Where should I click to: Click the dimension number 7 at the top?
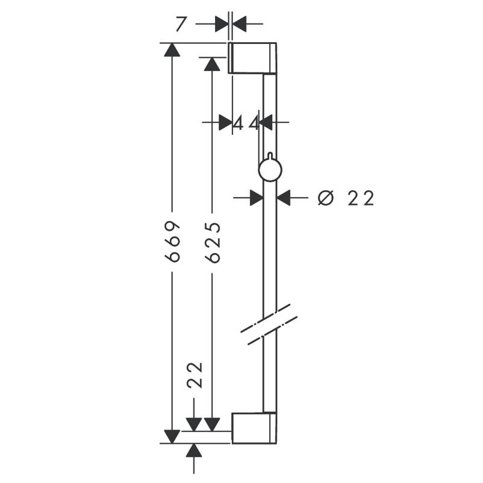pos(181,24)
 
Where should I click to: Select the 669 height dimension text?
pos(172,241)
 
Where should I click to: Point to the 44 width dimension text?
pos(246,124)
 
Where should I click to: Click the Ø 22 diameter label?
pos(346,198)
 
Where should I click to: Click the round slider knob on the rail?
pos(270,170)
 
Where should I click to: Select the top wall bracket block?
pos(252,58)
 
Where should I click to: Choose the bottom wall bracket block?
pos(254,428)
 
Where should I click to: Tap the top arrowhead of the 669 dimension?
pos(172,50)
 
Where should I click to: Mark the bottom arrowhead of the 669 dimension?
pos(172,437)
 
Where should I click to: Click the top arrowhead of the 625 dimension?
pos(212,64)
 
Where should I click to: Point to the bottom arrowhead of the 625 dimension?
pos(212,425)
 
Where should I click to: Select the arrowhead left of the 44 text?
pos(225,122)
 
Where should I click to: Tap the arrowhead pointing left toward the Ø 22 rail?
pos(284,198)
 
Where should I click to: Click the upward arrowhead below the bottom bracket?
pos(194,450)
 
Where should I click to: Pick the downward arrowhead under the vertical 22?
pos(194,425)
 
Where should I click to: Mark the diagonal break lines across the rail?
pos(269,324)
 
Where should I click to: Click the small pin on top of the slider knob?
pos(270,155)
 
